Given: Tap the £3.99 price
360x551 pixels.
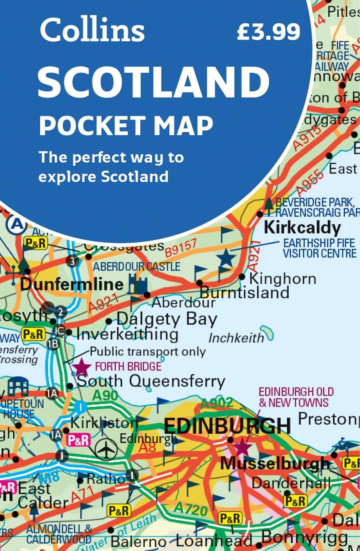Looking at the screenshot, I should tap(268, 32).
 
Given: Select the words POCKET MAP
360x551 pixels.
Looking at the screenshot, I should tap(126, 126).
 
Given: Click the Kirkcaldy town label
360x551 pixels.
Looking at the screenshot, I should tap(302, 228).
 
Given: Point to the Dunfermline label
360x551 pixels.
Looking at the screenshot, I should tap(72, 284).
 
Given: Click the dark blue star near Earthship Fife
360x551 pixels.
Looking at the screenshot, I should tap(226, 258).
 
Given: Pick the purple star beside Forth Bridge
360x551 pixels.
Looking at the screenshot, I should tap(82, 367).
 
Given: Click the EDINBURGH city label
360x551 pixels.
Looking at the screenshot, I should tap(227, 426).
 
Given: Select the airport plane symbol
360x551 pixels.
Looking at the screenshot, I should tap(106, 449).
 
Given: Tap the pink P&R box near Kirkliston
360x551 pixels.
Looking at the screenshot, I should tap(78, 440).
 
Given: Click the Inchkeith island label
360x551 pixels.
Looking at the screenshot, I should tap(236, 338).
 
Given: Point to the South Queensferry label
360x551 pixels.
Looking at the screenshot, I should tap(151, 381).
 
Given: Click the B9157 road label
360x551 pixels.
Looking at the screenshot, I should tap(181, 248).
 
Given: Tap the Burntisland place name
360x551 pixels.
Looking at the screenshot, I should tap(245, 292).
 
